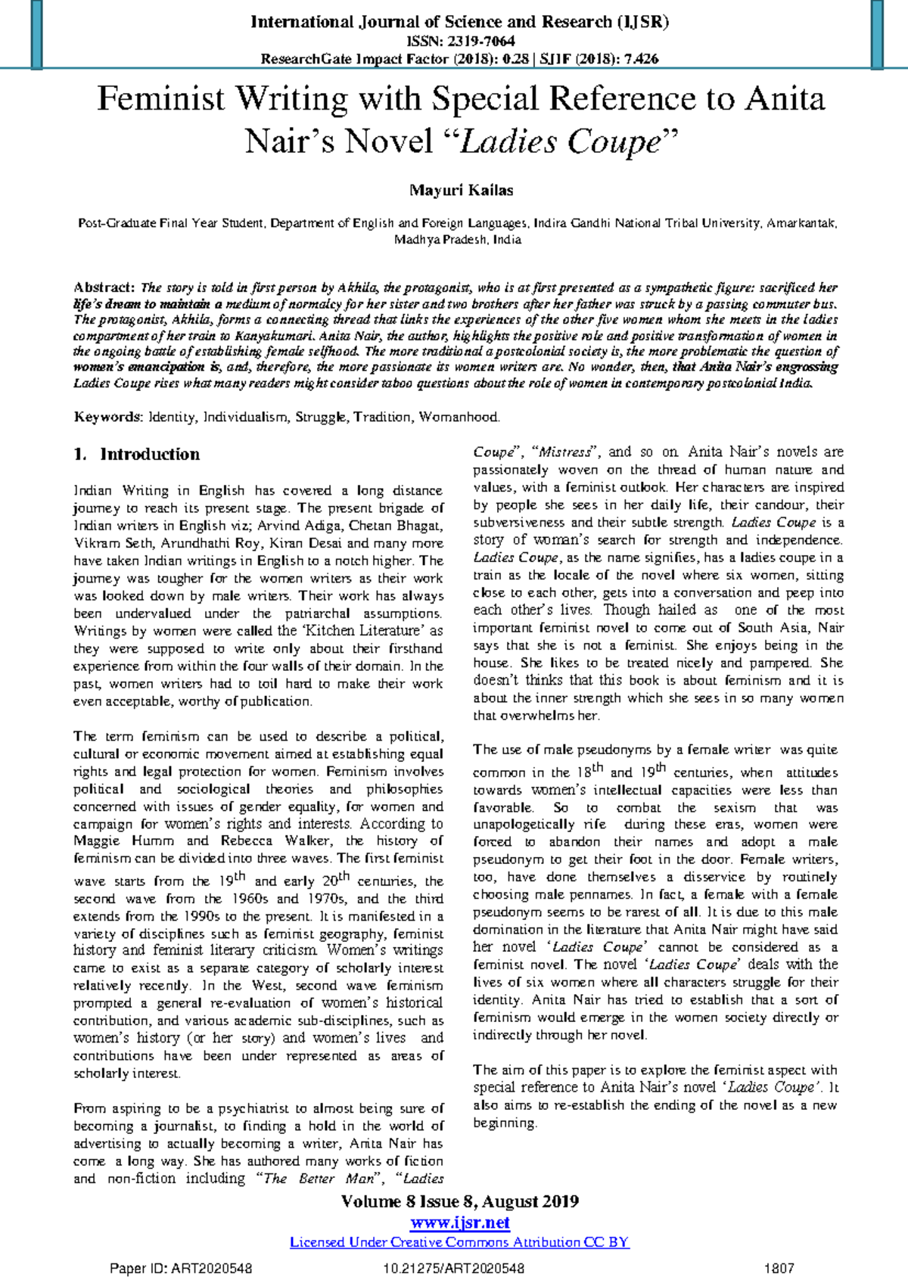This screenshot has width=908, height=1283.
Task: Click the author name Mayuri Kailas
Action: point(461,190)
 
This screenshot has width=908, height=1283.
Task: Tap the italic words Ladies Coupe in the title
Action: point(560,141)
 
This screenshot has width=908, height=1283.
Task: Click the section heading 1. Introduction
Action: point(137,454)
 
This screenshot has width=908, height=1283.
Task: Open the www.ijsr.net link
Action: point(459,1222)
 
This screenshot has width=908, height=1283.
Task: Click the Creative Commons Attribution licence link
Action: point(459,1242)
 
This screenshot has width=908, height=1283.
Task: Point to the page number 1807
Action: point(779,1269)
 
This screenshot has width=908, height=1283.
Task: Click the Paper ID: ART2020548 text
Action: point(182,1269)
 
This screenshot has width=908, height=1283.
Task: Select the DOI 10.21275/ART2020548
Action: point(454,1269)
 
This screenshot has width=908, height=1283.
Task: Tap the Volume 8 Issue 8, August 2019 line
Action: point(459,1201)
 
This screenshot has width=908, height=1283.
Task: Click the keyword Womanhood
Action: point(459,417)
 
